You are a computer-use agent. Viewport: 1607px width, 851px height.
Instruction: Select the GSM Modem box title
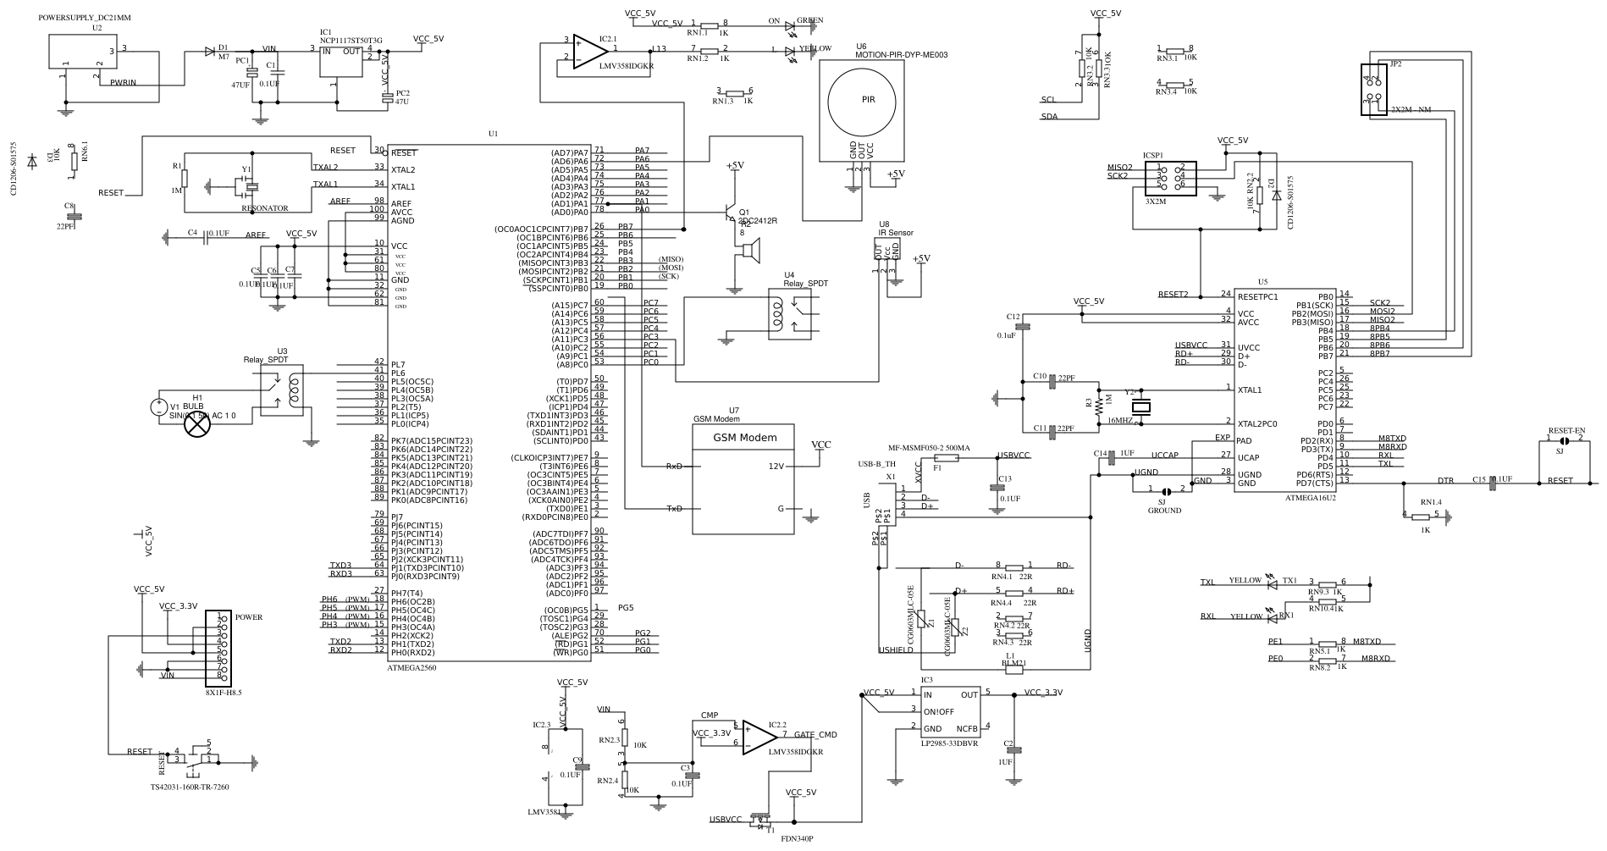743,438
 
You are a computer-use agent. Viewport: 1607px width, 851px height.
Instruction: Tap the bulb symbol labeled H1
197,425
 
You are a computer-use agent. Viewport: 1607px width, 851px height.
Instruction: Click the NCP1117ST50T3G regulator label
351,40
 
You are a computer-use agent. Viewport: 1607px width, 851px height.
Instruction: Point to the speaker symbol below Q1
749,250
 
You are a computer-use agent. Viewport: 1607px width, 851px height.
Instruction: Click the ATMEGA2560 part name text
411,667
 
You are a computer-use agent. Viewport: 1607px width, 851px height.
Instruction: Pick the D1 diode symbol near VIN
209,51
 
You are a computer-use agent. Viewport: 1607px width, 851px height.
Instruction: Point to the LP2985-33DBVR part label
949,743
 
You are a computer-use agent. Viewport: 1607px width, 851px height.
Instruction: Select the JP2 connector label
1395,64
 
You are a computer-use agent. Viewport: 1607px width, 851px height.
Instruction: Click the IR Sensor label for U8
896,233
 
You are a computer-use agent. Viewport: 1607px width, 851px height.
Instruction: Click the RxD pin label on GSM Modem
674,467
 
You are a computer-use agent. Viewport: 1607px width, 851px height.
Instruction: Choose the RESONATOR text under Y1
265,207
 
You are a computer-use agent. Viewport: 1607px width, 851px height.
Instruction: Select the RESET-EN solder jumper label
1566,430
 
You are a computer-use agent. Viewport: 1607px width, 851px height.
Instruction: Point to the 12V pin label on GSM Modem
776,467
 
